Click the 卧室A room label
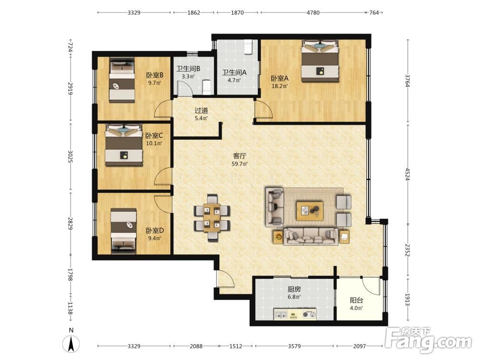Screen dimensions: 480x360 tap(279, 78)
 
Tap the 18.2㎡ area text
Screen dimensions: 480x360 tap(279, 86)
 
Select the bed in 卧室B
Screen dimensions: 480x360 tap(122, 80)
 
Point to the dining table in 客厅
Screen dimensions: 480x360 tap(212, 217)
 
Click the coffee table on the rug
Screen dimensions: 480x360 tap(310, 210)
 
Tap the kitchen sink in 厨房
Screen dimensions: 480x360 tap(281, 314)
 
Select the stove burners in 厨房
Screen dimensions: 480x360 tap(309, 314)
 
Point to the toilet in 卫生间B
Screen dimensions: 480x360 tap(207, 87)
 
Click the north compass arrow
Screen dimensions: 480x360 tap(71, 344)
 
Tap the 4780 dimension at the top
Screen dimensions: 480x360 tap(313, 12)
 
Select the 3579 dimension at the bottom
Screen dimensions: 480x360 tap(294, 346)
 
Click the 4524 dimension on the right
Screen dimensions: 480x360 tap(407, 174)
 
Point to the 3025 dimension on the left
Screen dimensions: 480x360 tap(71, 156)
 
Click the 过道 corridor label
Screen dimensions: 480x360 tap(201, 110)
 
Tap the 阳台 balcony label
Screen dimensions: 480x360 tap(356, 300)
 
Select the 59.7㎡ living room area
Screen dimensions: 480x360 tap(240, 164)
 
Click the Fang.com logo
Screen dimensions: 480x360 tap(429, 340)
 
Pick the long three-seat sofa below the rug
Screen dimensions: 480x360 tap(311, 236)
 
